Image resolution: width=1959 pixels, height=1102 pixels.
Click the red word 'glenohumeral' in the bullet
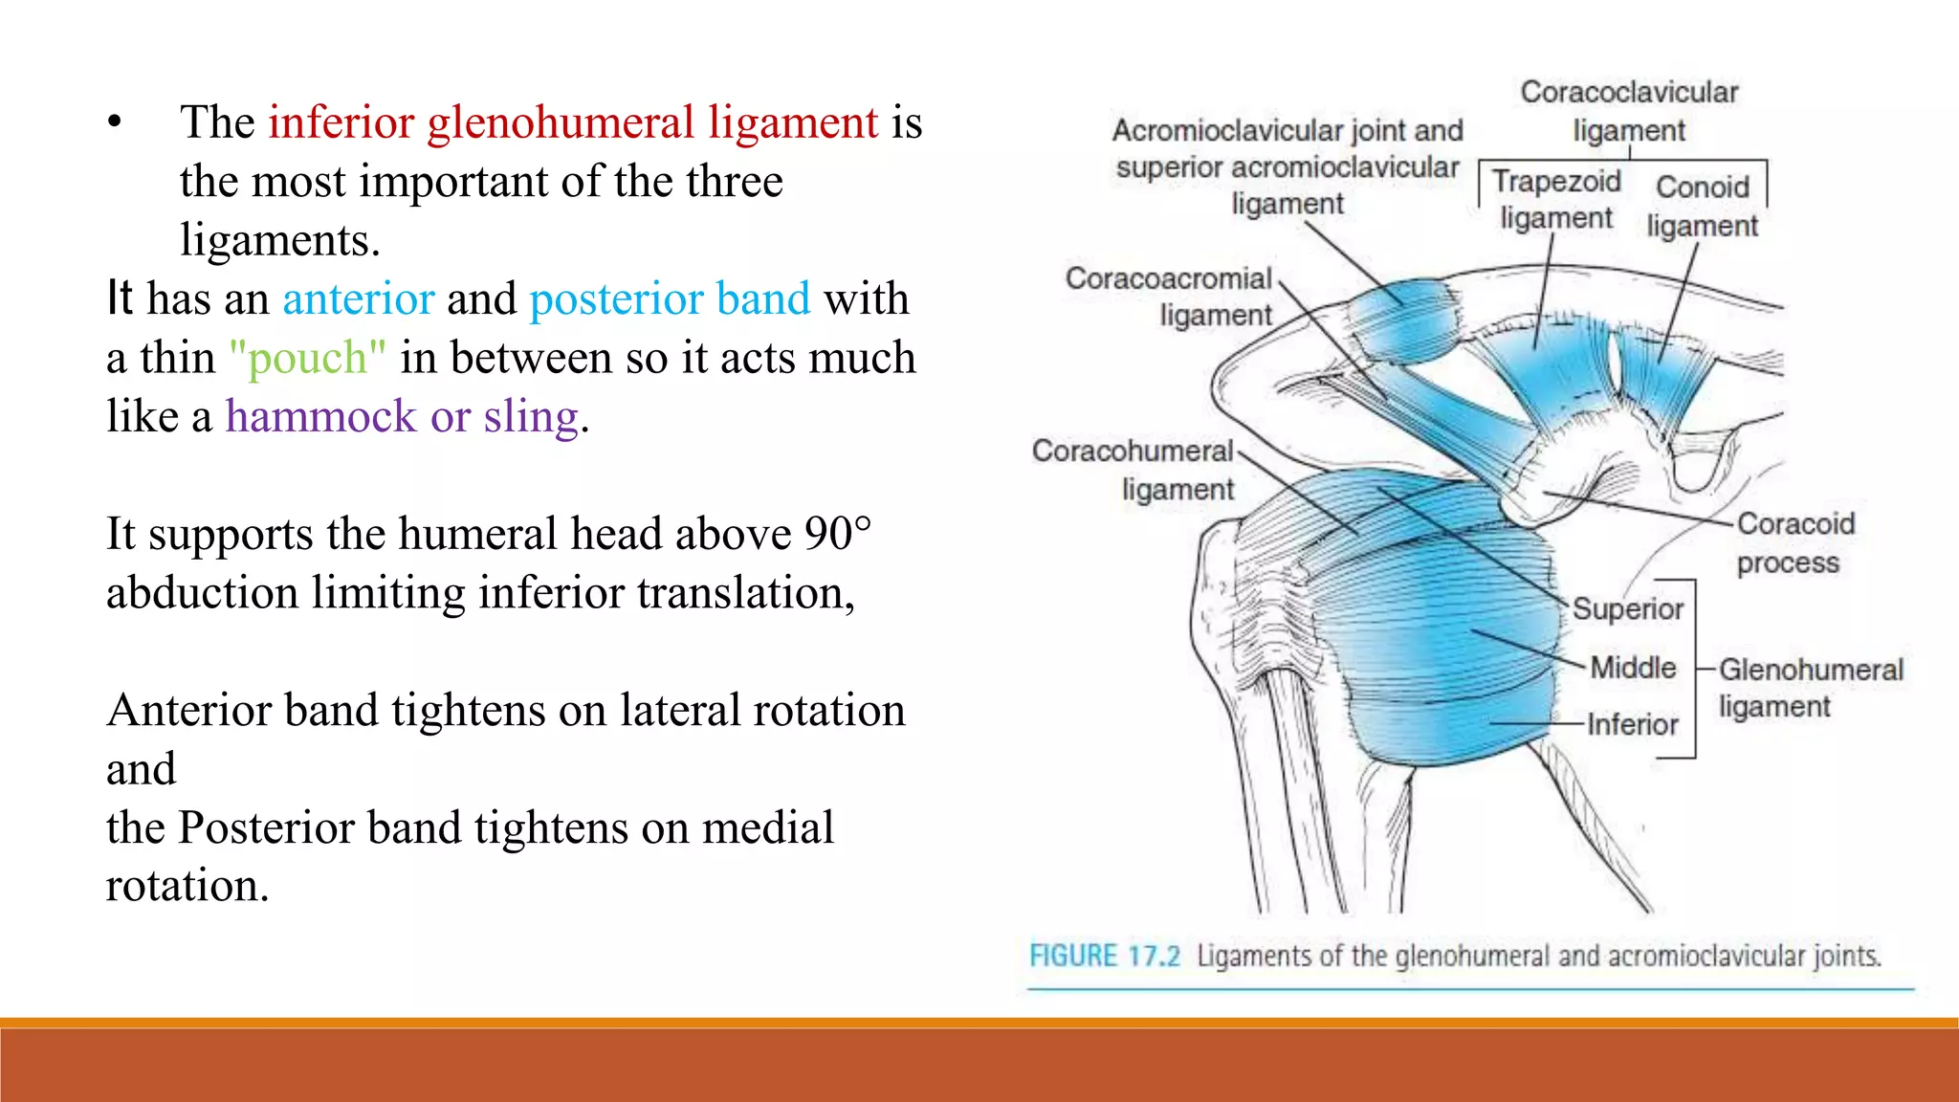pyautogui.click(x=561, y=123)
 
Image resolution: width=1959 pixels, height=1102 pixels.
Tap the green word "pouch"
pyautogui.click(x=307, y=359)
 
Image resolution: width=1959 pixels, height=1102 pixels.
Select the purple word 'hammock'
pyautogui.click(x=320, y=417)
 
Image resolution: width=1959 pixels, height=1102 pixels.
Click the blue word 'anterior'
pyautogui.click(x=359, y=299)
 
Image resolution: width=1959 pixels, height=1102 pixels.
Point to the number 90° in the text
pyautogui.click(x=838, y=534)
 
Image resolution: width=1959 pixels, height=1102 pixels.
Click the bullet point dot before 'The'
pyautogui.click(x=115, y=123)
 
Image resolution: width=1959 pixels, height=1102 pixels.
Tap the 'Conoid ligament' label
pyautogui.click(x=1703, y=207)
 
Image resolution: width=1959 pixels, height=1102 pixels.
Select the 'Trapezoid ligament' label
pyautogui.click(x=1556, y=199)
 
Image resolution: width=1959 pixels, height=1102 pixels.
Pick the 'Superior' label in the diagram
pyautogui.click(x=1628, y=609)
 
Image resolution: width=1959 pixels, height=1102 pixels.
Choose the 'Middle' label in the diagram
pyautogui.click(x=1633, y=668)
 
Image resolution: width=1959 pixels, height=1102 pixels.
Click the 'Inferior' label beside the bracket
pyautogui.click(x=1632, y=725)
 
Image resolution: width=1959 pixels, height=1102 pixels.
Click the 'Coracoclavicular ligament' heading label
pyautogui.click(x=1629, y=111)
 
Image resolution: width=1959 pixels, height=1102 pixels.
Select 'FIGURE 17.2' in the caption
pyautogui.click(x=1104, y=956)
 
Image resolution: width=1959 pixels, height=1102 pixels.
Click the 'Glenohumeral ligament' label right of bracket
pyautogui.click(x=1810, y=688)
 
